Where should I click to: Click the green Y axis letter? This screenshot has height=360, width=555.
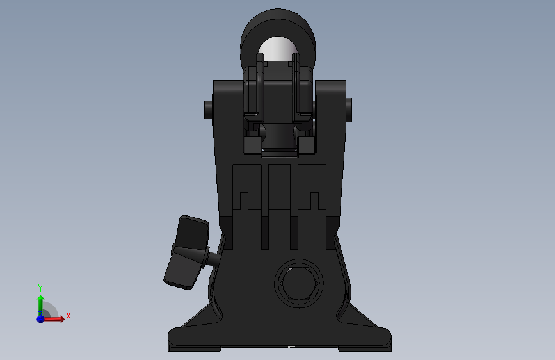[x=40, y=288]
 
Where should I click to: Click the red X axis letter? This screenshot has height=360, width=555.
[x=68, y=316]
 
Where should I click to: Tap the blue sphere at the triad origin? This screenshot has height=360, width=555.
[x=41, y=319]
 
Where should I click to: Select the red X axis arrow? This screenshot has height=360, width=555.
[x=53, y=319]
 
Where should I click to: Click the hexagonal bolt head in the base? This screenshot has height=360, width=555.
[x=299, y=284]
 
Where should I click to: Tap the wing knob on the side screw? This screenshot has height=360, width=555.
[x=186, y=252]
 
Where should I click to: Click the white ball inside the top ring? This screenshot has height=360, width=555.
[x=278, y=48]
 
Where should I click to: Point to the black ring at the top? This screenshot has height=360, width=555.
[x=278, y=21]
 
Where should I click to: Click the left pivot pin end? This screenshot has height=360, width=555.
[x=208, y=110]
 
